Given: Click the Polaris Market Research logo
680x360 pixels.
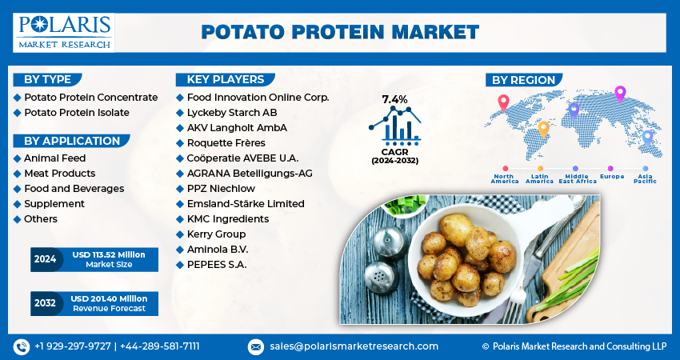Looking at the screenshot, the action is tap(64, 33).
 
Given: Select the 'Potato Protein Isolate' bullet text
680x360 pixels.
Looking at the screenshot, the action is tap(77, 113).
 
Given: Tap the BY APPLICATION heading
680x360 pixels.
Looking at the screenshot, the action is tap(72, 141).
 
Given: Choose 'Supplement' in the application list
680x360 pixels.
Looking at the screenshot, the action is tap(54, 204).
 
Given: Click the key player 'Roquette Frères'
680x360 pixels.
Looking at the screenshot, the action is tap(226, 143).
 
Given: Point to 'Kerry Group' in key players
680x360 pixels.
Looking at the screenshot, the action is tap(217, 234).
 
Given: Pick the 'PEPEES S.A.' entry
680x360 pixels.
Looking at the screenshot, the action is tap(217, 265).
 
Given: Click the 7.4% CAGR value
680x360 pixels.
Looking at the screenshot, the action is tap(394, 100).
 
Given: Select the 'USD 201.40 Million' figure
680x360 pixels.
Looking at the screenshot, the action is tap(109, 299).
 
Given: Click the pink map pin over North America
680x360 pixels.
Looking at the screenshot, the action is tap(503, 103).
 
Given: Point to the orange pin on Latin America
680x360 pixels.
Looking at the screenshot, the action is tap(543, 130).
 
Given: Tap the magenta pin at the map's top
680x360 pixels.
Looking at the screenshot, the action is tap(620, 94).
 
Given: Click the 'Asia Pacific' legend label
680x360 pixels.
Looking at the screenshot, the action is tap(645, 178).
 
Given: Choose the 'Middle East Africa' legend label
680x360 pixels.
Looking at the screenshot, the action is tap(578, 178).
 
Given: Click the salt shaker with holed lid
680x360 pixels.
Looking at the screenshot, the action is tap(382, 277).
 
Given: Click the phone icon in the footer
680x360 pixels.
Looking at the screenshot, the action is tap(22, 346).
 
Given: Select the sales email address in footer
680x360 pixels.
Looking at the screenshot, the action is tap(354, 346).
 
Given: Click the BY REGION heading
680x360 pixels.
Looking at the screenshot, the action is tap(523, 80).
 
